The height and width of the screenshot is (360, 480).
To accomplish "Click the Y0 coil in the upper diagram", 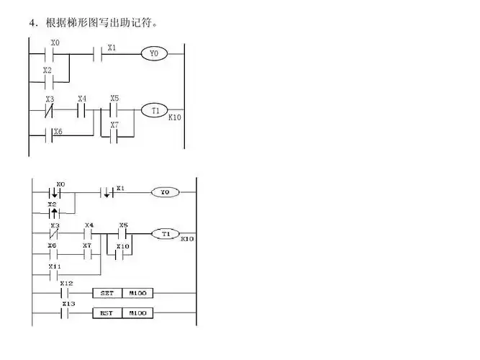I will (x=153, y=53).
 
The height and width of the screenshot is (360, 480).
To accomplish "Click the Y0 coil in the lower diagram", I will (x=165, y=193).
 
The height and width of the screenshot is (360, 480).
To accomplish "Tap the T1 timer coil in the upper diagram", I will (x=154, y=110).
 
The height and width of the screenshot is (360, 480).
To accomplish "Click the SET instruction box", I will (x=107, y=293).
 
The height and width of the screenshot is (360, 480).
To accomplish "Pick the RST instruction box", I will (x=107, y=313).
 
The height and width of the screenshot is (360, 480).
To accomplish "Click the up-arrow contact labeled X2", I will (x=54, y=213).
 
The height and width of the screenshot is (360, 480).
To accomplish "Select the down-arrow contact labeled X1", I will (x=107, y=193).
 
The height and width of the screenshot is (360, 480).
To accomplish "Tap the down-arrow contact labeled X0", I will (x=54, y=193).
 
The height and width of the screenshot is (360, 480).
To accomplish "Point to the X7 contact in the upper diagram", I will (x=114, y=135).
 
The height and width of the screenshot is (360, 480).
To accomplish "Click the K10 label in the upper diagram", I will (x=175, y=116).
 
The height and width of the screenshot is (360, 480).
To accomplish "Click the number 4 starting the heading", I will (x=32, y=23).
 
